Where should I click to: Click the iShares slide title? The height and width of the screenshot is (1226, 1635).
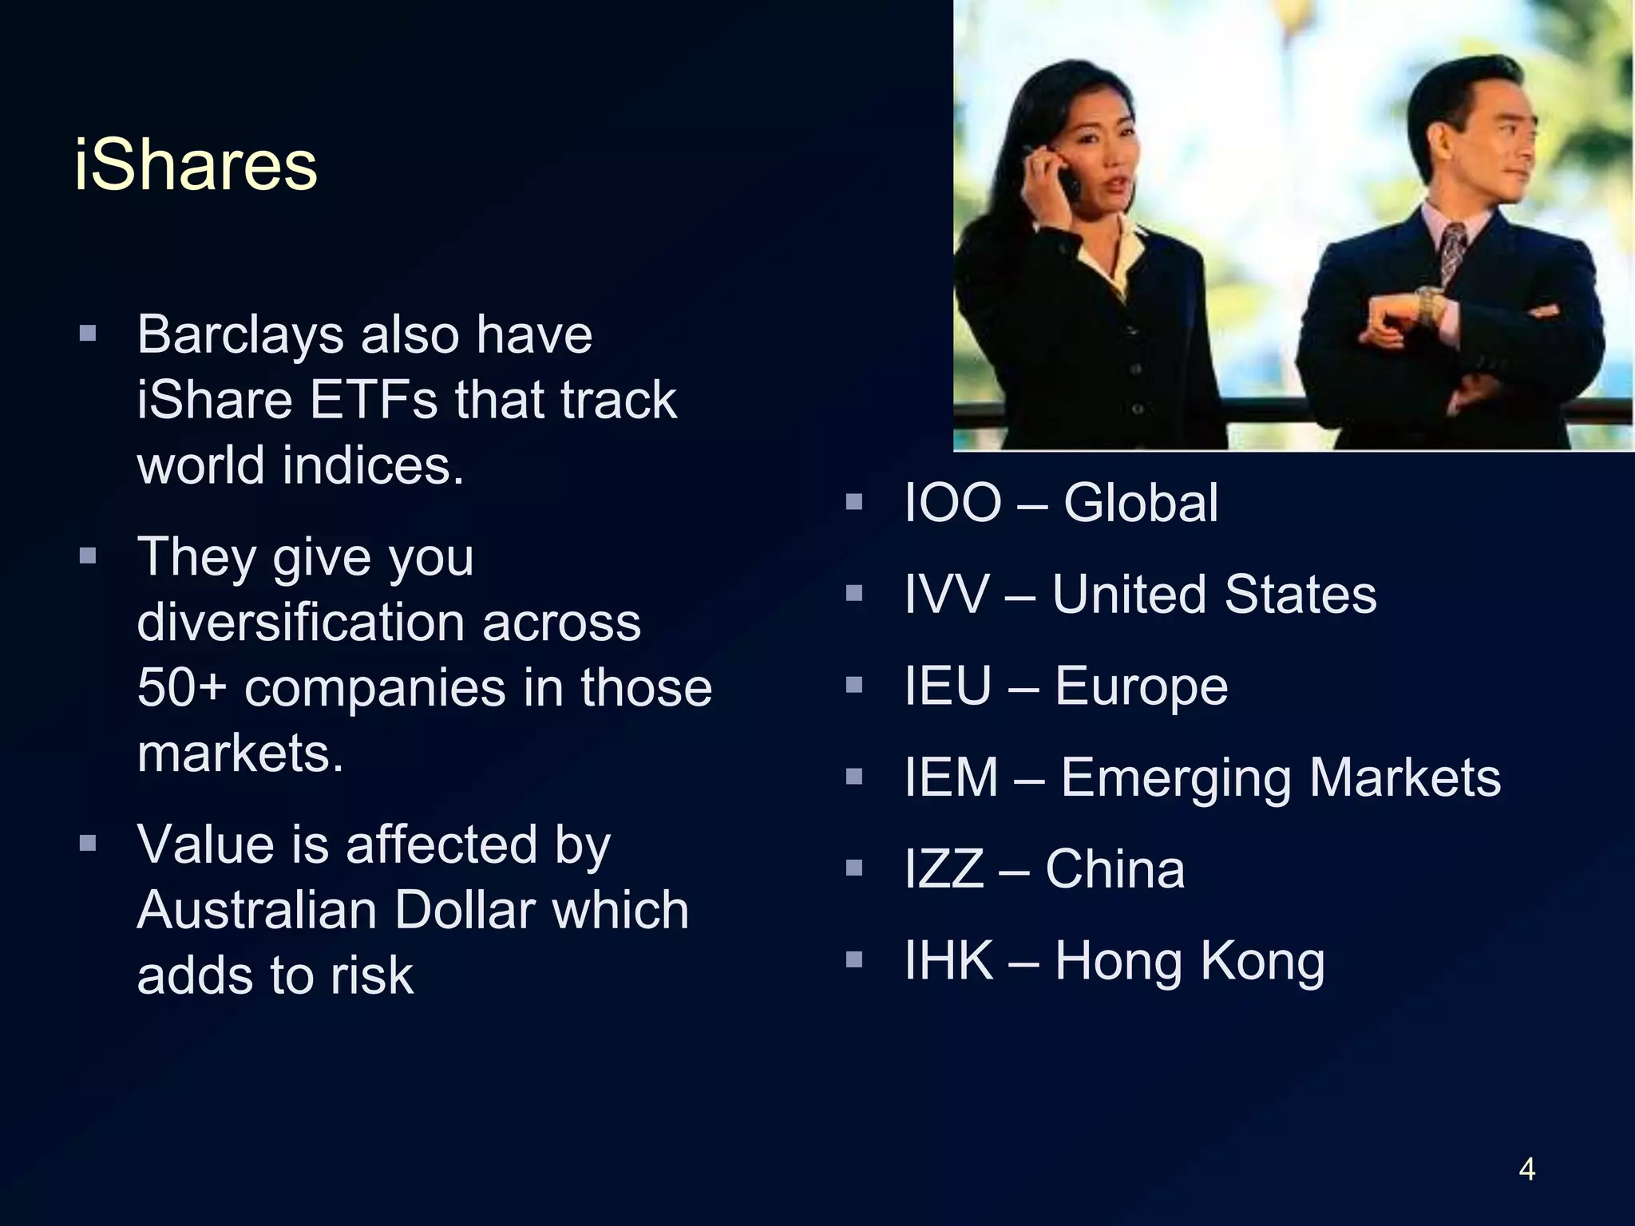click(196, 165)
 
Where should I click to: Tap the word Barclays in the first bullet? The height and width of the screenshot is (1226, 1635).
click(240, 335)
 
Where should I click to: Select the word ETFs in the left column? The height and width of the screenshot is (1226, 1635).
click(373, 400)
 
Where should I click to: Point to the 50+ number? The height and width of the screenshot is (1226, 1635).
click(182, 688)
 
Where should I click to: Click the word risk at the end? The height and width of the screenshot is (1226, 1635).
click(372, 976)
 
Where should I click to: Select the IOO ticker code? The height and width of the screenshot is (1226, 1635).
click(952, 504)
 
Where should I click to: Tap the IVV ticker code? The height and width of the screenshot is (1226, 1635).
click(946, 595)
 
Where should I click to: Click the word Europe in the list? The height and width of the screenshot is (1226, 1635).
click(1141, 686)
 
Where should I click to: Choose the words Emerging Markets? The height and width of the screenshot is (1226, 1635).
click(1281, 778)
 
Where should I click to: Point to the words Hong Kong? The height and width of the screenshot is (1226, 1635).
click(1190, 962)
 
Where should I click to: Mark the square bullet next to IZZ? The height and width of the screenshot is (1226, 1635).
click(854, 868)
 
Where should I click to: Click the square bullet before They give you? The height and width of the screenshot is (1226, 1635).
click(88, 556)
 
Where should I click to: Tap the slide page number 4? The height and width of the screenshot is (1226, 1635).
click(1526, 1170)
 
